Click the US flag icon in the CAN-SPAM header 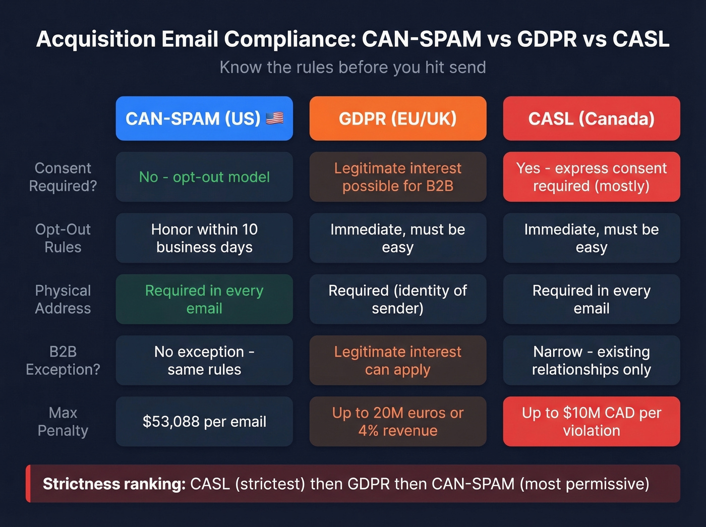(274, 119)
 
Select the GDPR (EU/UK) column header (397, 119)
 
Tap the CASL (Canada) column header (591, 119)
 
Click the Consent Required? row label (63, 177)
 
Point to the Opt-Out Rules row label (63, 238)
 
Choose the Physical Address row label (63, 299)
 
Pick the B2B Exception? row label (63, 361)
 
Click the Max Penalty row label (63, 422)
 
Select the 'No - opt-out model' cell (204, 177)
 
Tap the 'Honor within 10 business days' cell (204, 238)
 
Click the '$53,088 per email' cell (204, 422)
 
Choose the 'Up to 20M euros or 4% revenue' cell (397, 422)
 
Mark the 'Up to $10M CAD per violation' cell (591, 422)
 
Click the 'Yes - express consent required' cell (591, 177)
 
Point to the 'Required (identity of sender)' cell (397, 299)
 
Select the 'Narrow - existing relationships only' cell (591, 361)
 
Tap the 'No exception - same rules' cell (204, 361)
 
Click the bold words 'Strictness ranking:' (114, 484)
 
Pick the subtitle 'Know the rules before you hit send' (352, 67)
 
